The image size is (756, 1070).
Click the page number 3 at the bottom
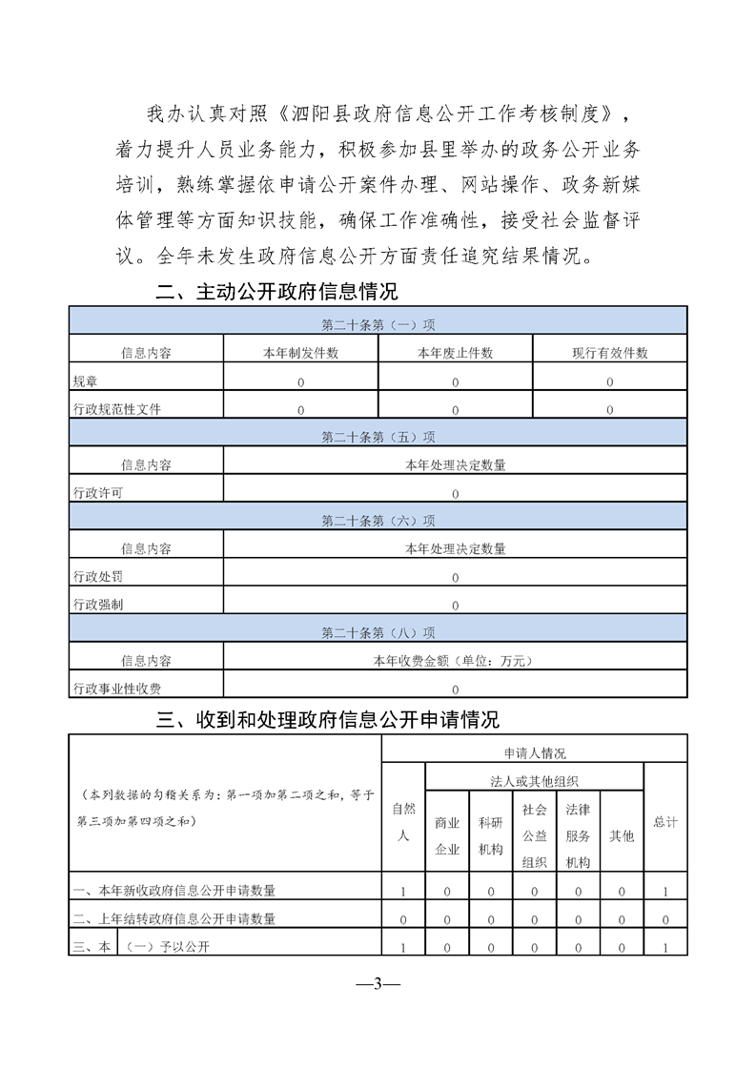pyautogui.click(x=378, y=983)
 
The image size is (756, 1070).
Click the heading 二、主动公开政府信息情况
pyautogui.click(x=276, y=292)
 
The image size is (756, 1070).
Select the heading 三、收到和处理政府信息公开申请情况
pyautogui.click(x=327, y=720)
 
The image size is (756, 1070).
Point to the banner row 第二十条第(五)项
pyautogui.click(x=378, y=437)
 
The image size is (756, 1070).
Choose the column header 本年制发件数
pyautogui.click(x=300, y=353)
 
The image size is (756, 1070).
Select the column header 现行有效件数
pyautogui.click(x=609, y=353)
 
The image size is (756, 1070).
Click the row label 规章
pyautogui.click(x=85, y=381)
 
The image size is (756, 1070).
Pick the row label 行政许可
pyautogui.click(x=97, y=493)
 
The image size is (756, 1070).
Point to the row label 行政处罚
pyautogui.click(x=97, y=577)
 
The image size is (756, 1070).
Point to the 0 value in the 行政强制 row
pyautogui.click(x=455, y=605)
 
